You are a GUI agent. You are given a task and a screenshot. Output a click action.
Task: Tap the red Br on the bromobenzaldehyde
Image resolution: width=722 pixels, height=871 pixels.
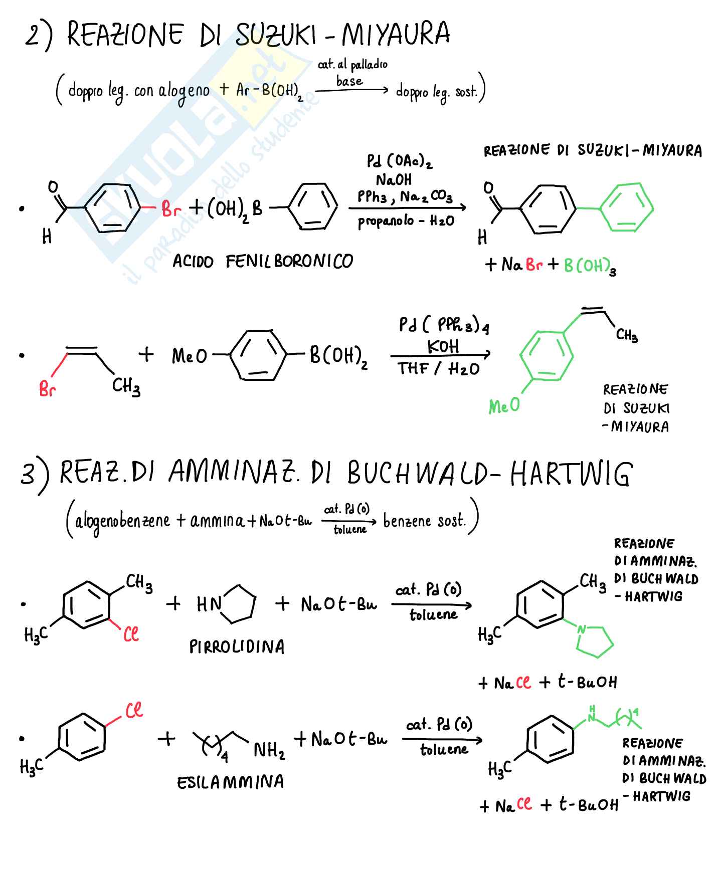[171, 209]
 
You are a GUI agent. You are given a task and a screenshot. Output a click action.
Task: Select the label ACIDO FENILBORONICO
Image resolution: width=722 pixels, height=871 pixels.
[263, 261]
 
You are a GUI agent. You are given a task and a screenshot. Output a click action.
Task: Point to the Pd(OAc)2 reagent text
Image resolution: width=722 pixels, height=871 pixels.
[399, 161]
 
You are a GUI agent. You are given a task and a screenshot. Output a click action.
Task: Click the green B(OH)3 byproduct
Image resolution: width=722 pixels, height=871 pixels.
[589, 266]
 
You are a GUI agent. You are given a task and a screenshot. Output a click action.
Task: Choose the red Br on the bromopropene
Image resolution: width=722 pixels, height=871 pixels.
[47, 389]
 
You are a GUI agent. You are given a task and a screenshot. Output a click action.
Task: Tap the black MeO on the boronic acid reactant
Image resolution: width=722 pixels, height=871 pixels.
[189, 356]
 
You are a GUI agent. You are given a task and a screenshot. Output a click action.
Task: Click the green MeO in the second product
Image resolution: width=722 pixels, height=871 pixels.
[504, 405]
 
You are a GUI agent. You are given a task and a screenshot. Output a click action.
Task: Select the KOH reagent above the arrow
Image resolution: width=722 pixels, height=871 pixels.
[443, 346]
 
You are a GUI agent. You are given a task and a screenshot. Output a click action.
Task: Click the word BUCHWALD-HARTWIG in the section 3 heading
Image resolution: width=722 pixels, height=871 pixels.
[489, 474]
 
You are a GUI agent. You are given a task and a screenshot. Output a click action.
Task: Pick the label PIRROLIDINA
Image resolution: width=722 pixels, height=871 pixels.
[237, 647]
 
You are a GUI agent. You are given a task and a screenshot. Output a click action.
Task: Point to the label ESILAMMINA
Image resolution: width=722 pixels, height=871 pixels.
[230, 782]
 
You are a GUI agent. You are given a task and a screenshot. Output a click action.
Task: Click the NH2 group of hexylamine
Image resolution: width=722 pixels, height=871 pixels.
[269, 751]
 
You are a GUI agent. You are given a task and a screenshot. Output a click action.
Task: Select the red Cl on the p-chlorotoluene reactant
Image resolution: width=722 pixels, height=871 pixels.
[134, 710]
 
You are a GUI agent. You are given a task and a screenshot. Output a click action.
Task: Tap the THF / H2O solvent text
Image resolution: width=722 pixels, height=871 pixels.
[439, 369]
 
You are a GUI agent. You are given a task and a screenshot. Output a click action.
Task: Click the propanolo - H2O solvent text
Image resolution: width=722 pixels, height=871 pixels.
[406, 221]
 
